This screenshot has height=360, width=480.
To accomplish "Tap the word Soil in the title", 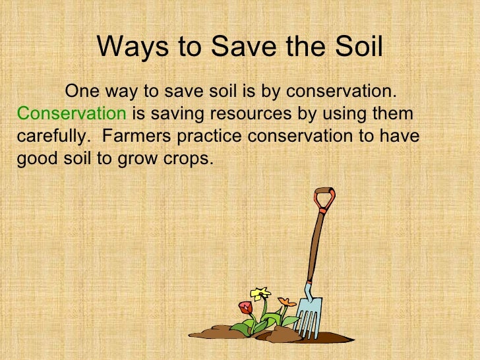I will (359, 47).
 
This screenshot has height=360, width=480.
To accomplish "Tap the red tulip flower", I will (245, 307).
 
